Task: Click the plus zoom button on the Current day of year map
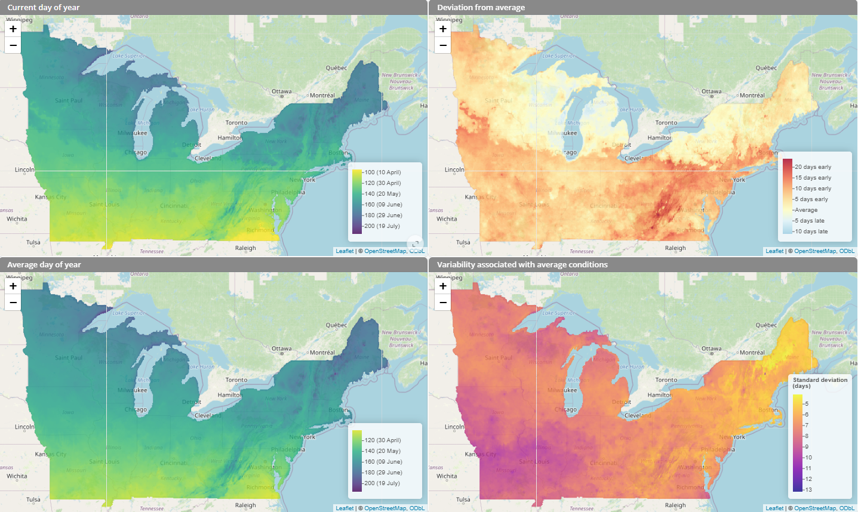13,29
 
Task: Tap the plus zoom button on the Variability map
443,286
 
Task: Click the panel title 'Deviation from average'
481,8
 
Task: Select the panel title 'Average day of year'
44,265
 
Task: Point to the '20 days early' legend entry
813,167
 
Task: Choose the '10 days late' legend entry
811,232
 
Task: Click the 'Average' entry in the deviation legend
806,210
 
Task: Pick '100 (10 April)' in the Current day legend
382,172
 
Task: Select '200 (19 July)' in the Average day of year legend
382,483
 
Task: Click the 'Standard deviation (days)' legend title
820,383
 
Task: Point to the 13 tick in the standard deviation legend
808,489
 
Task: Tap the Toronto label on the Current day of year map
236,123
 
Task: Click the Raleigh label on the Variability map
675,505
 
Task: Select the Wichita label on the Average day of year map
17,476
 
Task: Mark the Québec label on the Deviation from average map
766,68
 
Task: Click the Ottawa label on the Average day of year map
282,348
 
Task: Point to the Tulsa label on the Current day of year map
33,242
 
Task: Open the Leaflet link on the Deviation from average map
774,251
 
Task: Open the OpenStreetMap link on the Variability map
815,508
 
